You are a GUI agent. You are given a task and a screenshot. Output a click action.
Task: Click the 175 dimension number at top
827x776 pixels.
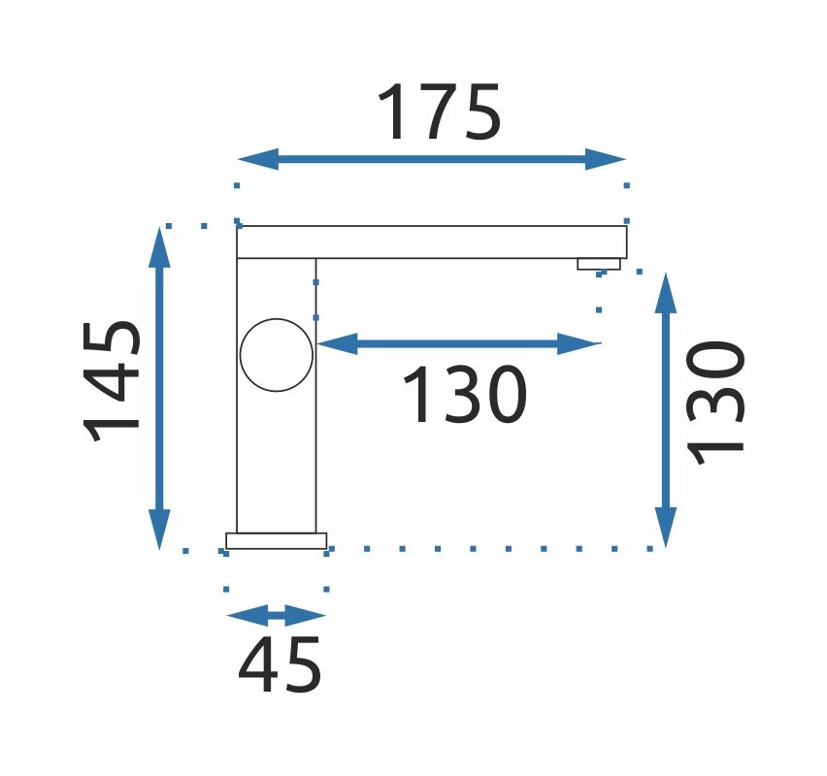(x=439, y=112)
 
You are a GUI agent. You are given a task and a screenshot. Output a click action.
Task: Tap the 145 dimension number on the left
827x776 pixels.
(x=112, y=381)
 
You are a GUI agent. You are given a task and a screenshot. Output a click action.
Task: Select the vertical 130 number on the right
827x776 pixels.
(x=715, y=403)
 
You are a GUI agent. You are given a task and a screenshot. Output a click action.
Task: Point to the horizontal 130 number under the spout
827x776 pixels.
(x=464, y=395)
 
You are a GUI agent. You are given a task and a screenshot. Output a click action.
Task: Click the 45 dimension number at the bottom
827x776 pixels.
(x=280, y=664)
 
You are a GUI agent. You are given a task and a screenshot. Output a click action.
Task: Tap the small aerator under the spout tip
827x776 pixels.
(x=599, y=264)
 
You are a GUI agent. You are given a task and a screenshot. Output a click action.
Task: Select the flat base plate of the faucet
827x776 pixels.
(x=277, y=541)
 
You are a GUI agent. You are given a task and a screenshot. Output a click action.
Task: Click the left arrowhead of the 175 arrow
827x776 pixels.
(x=258, y=159)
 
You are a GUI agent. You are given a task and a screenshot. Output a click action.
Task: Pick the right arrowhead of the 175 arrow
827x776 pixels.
(x=606, y=159)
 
